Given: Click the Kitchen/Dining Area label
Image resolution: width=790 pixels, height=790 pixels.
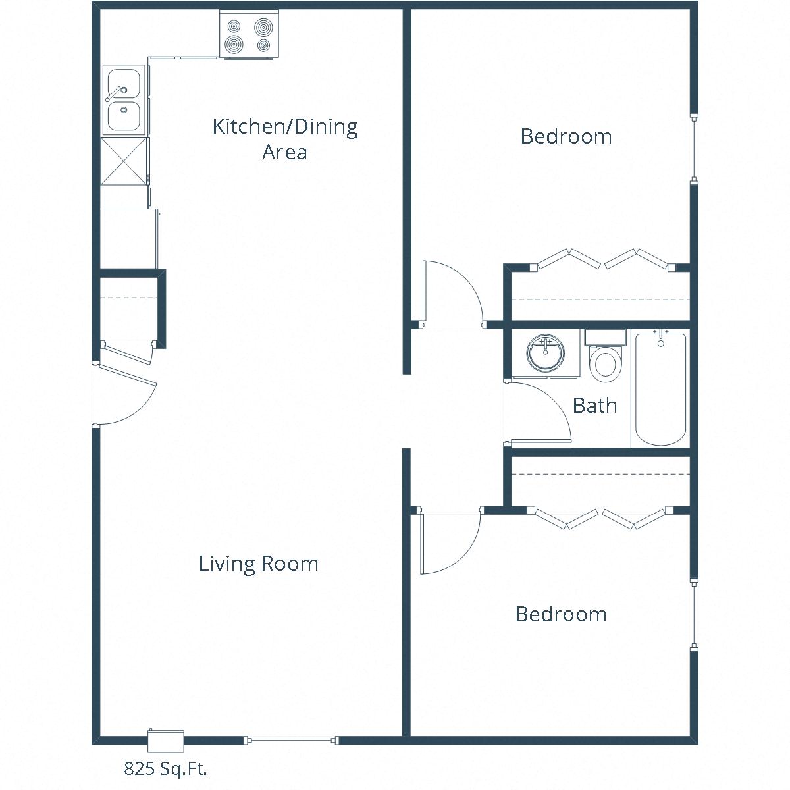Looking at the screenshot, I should tap(284, 138).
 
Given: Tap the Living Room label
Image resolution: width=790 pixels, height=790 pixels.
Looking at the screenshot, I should tap(258, 564).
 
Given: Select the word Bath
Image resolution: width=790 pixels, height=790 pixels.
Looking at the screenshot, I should tap(594, 406).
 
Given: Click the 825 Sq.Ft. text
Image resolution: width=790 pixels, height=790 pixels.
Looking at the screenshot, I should tap(170, 768).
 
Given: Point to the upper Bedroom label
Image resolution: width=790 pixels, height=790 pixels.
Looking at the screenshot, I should tap(566, 136).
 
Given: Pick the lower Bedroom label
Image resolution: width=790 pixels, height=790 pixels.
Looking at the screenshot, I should tap(560, 614).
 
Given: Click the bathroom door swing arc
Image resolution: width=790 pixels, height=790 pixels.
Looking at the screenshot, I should tap(540, 412).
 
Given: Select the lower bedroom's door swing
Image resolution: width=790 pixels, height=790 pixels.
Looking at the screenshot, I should tap(450, 543).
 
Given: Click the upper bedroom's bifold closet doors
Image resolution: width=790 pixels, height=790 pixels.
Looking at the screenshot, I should tap(602, 259).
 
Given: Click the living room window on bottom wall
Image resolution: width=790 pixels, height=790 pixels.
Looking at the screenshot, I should tap(291, 741).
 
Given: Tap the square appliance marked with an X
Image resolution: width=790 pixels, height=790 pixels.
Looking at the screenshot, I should tap(124, 162).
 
